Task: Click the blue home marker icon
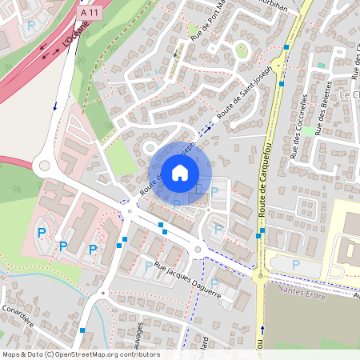(180, 172)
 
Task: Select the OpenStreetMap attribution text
(80, 354)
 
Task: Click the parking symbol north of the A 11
(31, 26)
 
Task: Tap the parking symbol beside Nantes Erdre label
(296, 264)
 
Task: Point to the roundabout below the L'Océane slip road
(43, 167)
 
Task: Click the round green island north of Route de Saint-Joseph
(242, 52)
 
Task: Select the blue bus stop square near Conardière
(82, 330)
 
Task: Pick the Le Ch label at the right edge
(350, 94)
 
